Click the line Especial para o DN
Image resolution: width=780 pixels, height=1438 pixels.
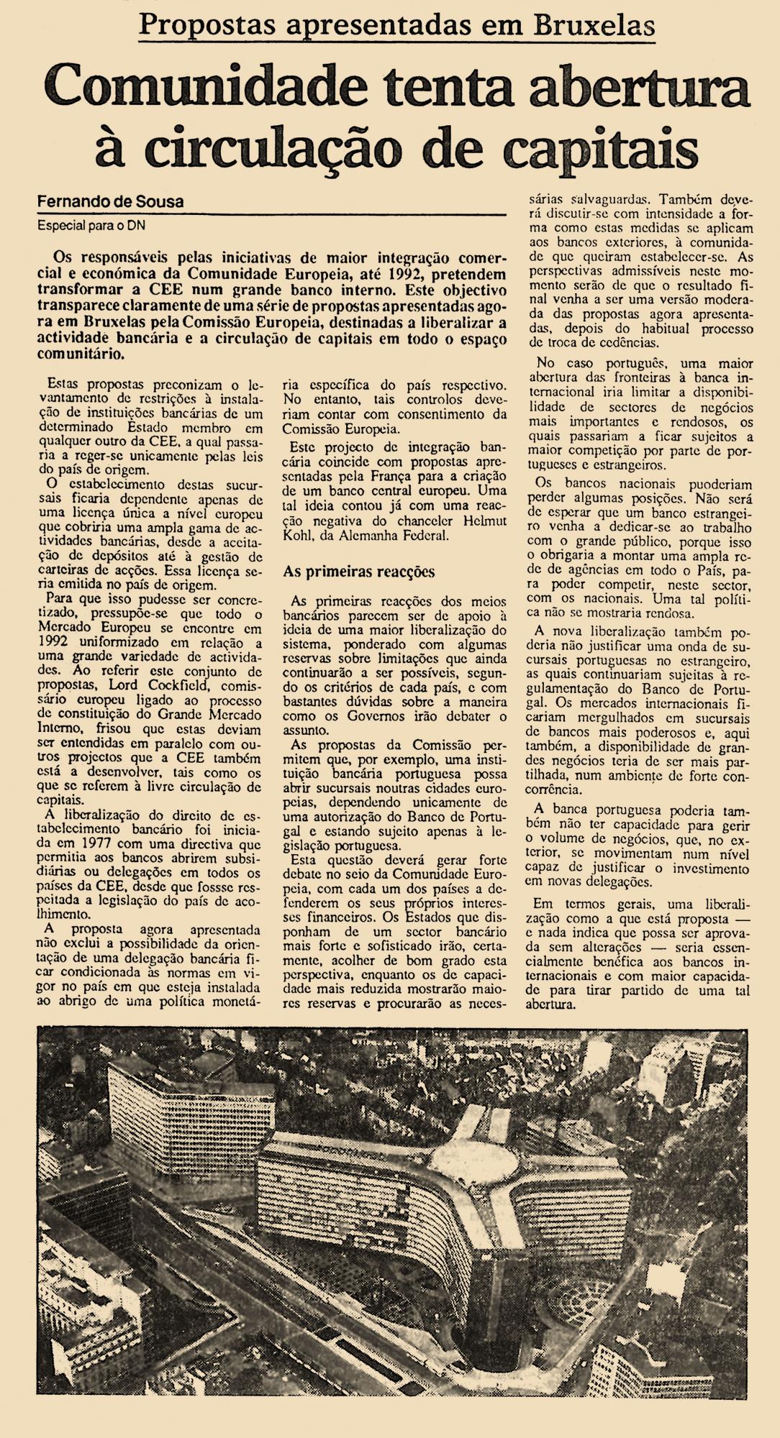[90, 224]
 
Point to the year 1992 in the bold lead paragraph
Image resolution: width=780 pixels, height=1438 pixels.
[405, 275]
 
